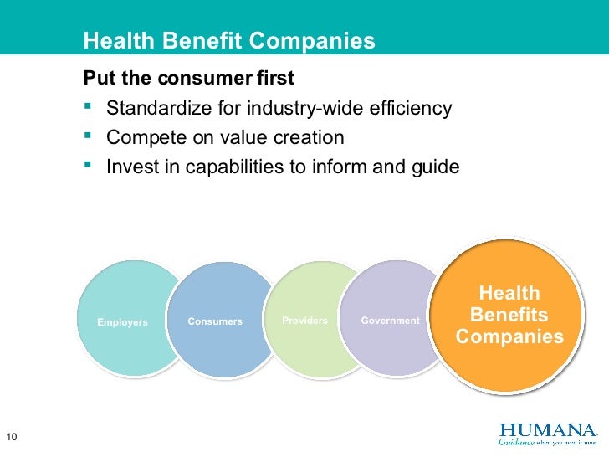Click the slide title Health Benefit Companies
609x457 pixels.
[229, 40]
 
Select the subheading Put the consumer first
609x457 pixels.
[189, 79]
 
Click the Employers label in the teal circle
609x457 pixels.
[122, 322]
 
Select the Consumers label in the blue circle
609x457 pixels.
[215, 321]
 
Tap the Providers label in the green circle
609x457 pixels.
[304, 321]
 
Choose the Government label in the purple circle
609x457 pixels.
[390, 321]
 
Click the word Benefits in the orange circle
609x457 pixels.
[509, 316]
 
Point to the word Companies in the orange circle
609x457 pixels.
[509, 336]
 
